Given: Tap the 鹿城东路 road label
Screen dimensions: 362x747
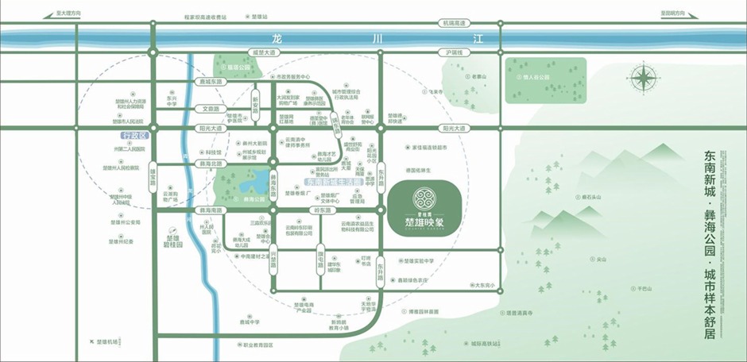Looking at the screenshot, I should pyautogui.click(x=211, y=80).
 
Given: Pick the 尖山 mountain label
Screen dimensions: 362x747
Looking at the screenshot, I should pyautogui.click(x=601, y=258).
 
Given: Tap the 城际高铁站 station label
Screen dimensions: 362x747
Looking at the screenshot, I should pyautogui.click(x=485, y=343).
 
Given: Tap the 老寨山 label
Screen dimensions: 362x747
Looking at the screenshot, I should pyautogui.click(x=477, y=76).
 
